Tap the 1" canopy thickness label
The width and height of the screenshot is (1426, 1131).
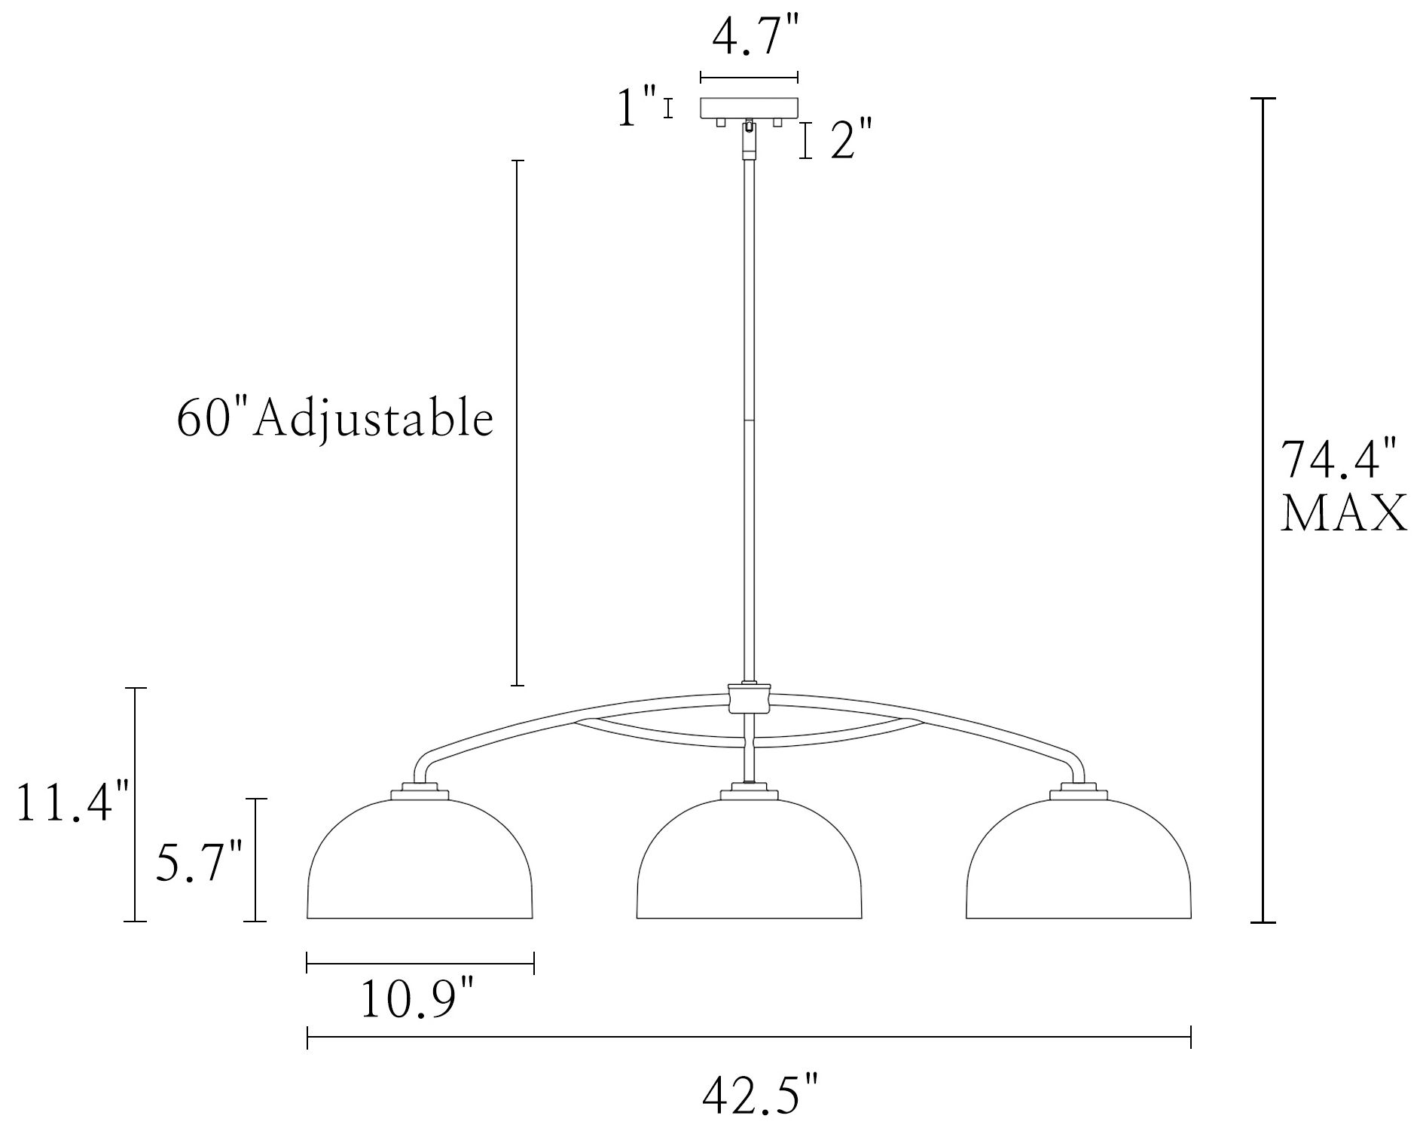635,108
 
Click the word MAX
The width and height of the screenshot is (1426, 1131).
1344,514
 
